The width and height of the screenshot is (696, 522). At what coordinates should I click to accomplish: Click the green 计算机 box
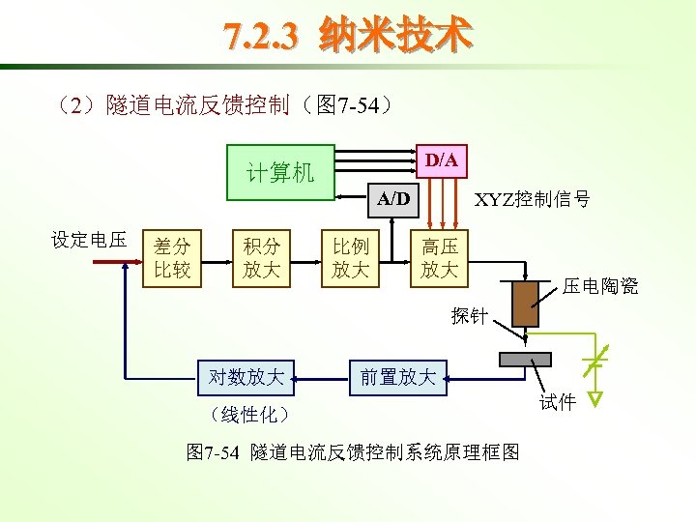[x=280, y=172]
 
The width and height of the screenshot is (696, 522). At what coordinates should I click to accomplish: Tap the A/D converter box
[x=393, y=199]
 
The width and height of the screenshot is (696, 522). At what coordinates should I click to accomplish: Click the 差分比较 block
[x=172, y=260]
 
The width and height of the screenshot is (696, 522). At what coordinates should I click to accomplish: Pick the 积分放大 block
[x=261, y=260]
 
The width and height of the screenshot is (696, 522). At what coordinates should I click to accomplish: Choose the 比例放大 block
[x=350, y=260]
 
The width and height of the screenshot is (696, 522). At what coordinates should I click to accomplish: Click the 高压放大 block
[x=439, y=260]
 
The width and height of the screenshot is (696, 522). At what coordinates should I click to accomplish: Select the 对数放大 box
[x=246, y=377]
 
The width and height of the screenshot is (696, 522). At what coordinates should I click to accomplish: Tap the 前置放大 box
[x=398, y=377]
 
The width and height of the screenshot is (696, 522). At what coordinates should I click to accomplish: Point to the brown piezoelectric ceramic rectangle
[x=525, y=304]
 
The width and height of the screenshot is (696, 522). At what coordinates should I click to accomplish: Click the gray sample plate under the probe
[x=525, y=360]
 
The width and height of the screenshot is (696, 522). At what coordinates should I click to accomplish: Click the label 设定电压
[x=89, y=240]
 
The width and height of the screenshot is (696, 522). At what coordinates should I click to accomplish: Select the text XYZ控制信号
[x=532, y=200]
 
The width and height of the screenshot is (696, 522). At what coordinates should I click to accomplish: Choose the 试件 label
[x=558, y=402]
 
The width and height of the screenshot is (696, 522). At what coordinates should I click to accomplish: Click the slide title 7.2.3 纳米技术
[x=348, y=36]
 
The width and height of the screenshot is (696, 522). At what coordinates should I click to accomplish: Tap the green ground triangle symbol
[x=596, y=397]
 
